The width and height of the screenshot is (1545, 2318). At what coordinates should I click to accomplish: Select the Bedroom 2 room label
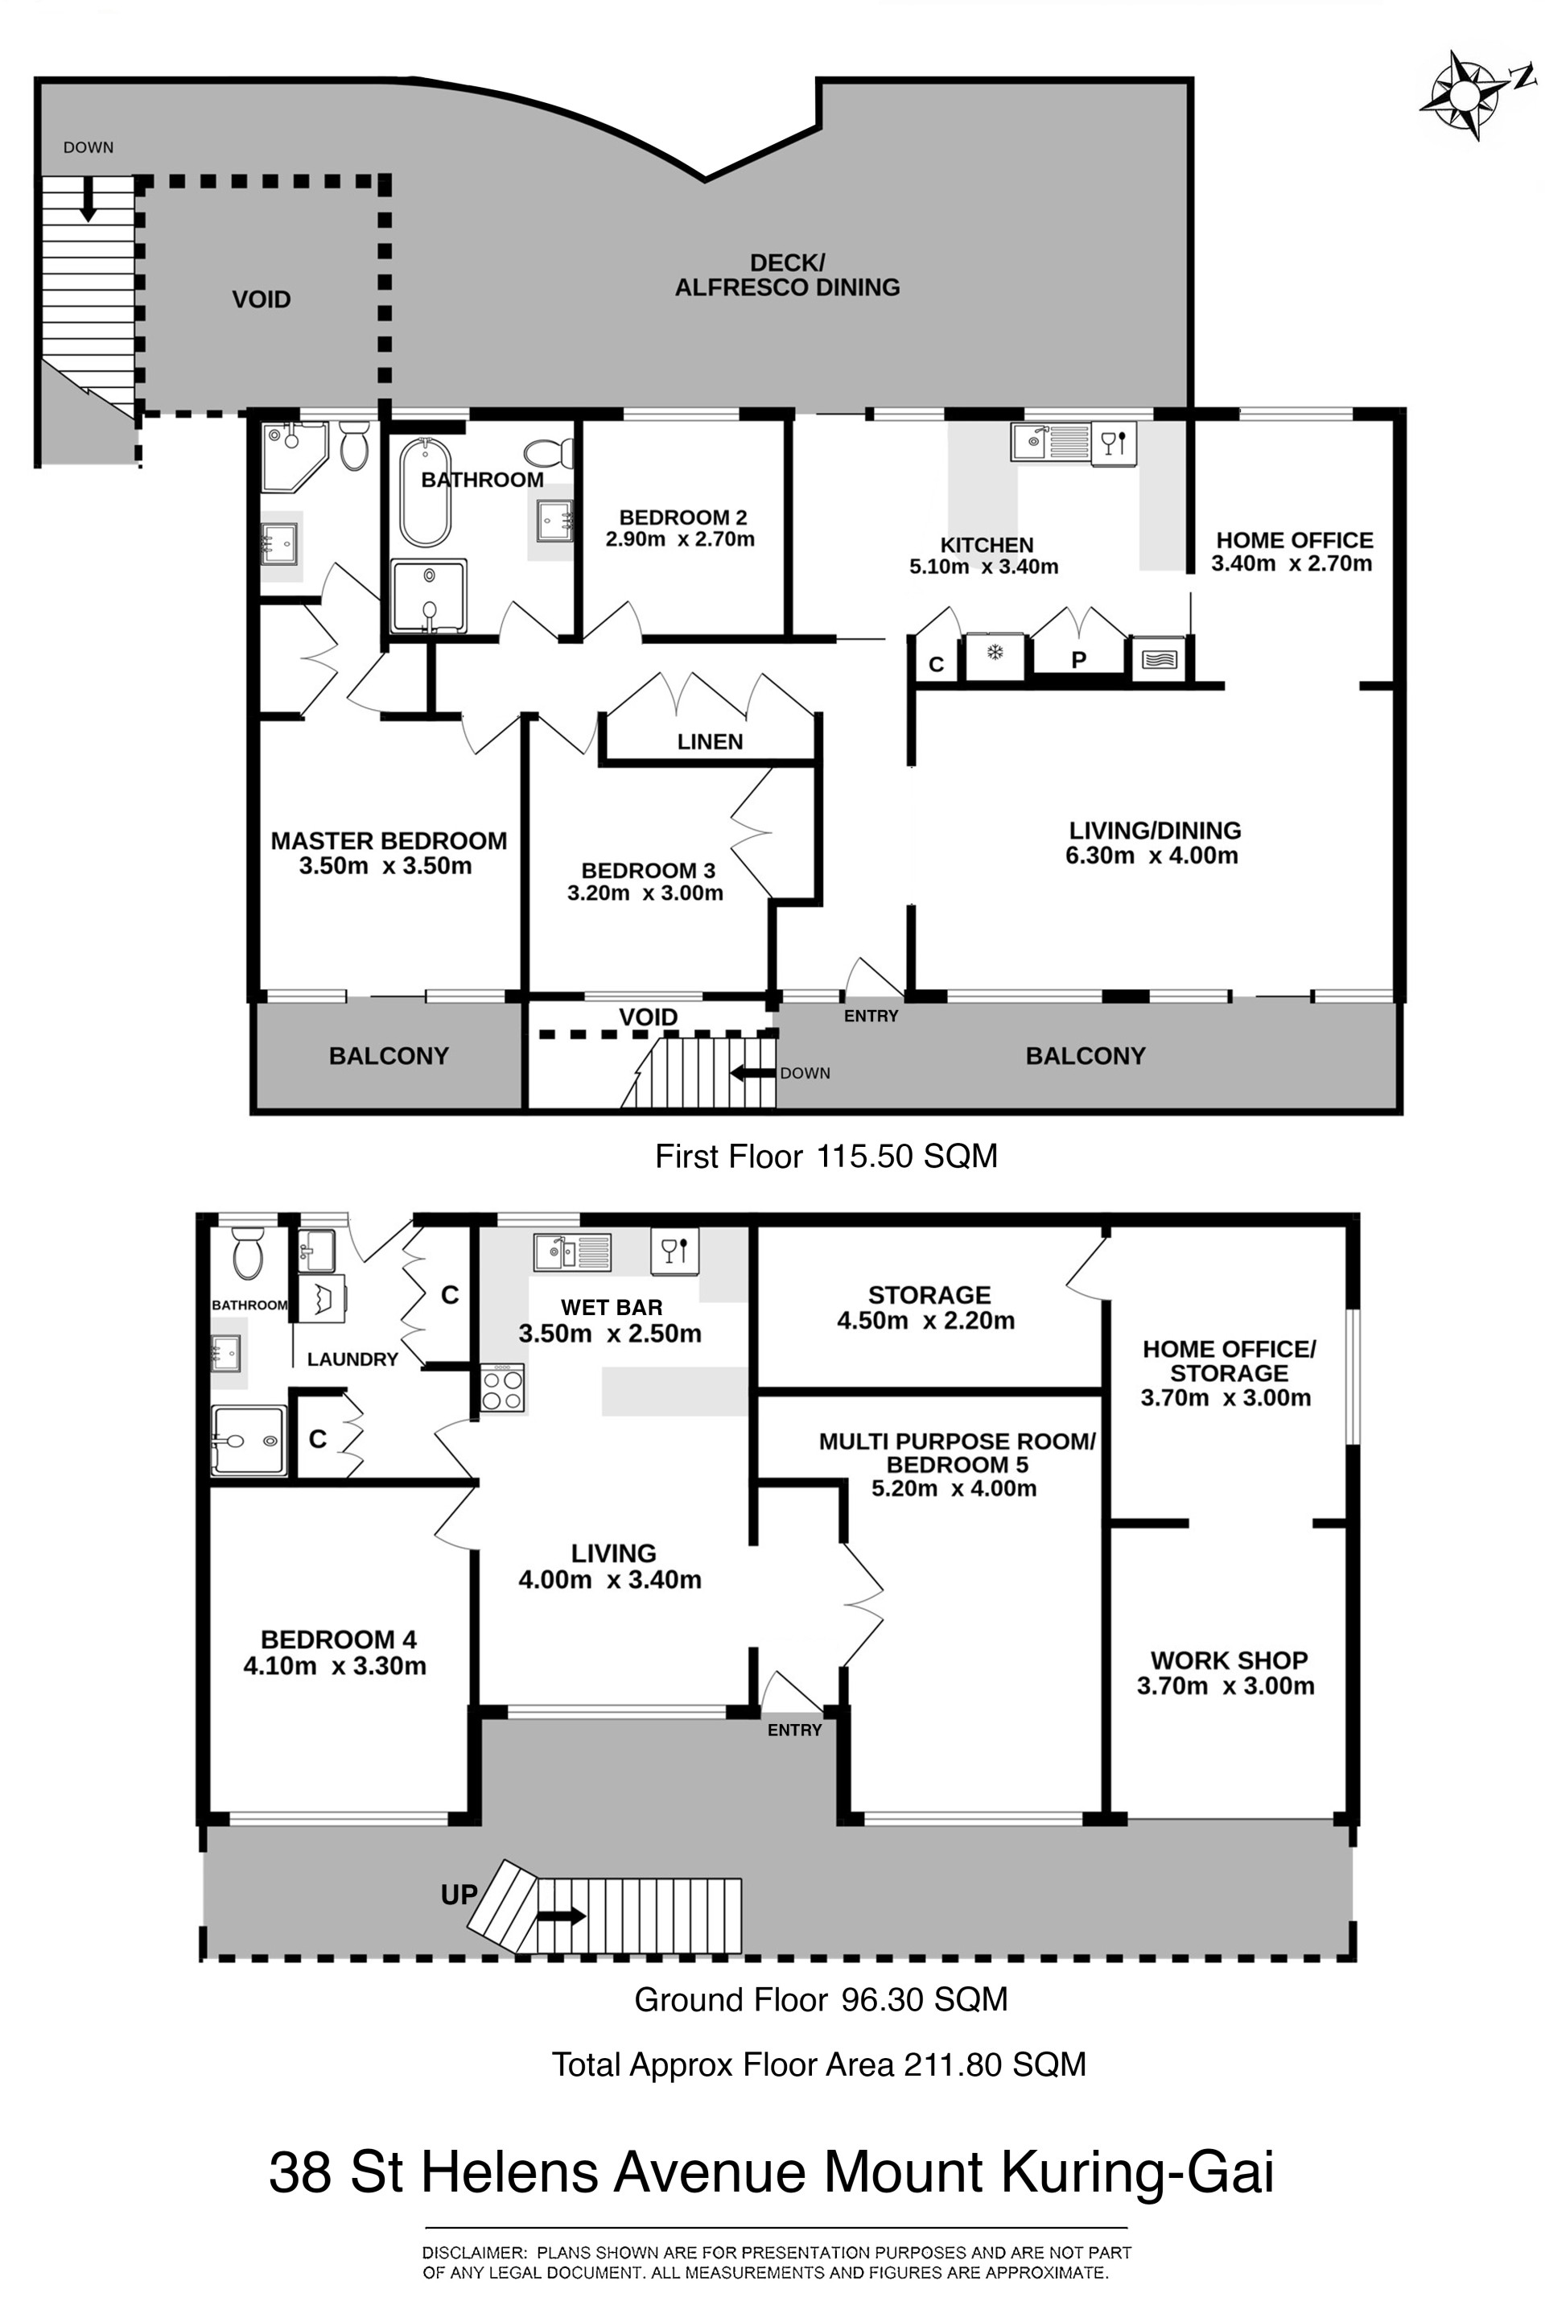coord(683,517)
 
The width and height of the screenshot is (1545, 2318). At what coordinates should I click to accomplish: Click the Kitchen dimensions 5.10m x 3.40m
coord(983,567)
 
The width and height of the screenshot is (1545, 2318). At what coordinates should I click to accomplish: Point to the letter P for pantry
coord(1079,660)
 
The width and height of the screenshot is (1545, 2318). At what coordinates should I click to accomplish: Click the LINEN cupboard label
coord(710,741)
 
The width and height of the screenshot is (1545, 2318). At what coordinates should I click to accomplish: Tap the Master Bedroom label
coord(389,840)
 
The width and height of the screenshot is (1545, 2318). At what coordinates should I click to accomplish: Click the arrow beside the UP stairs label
coord(560,1916)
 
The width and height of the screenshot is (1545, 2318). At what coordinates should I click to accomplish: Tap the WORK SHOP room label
coord(1229,1660)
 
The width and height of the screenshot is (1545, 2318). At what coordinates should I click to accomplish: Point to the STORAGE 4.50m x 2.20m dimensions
coord(925,1321)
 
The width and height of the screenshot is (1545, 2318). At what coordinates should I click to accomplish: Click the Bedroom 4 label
coord(338,1639)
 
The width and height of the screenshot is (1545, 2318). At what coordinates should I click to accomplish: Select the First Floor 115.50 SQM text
coord(826,1156)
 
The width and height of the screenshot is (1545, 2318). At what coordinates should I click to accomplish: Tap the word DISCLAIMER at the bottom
coord(474,2253)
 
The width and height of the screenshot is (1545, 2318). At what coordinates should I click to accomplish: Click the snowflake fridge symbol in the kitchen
coord(995,651)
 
